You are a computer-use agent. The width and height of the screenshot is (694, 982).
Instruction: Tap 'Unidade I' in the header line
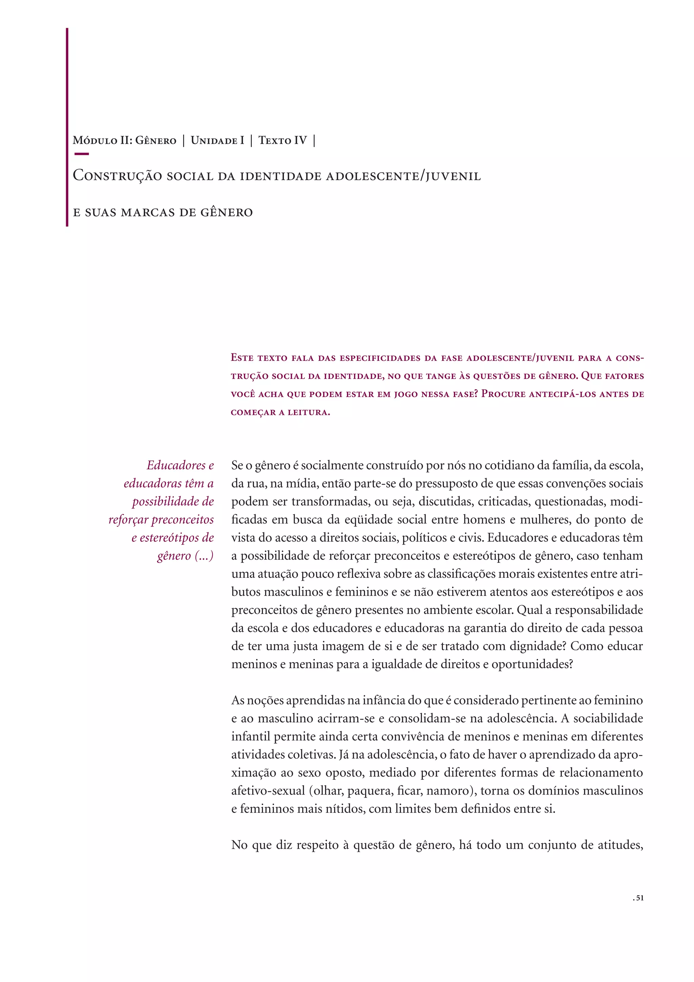coord(217,140)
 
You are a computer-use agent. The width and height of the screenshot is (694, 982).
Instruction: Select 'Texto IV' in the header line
coord(283,140)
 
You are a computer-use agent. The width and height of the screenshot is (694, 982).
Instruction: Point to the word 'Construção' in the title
coord(117,176)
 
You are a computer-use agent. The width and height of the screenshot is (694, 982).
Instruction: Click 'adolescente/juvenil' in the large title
coord(403,176)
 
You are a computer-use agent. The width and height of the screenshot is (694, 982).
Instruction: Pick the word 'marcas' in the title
coord(148,212)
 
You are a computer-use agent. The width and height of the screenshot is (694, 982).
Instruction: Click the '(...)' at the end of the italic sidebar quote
coord(204,556)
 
